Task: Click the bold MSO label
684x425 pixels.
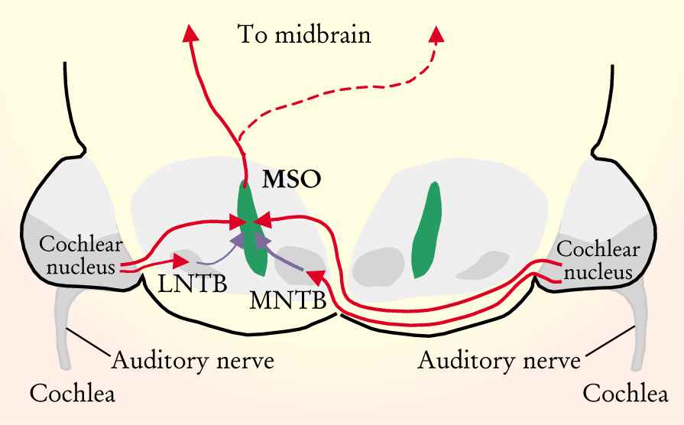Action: tap(291, 180)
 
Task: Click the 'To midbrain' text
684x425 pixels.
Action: tap(303, 35)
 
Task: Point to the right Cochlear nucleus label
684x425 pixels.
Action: tap(595, 261)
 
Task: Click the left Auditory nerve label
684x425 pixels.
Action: tap(193, 359)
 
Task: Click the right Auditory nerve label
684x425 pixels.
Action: tap(498, 359)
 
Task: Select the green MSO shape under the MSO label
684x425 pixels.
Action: tap(250, 229)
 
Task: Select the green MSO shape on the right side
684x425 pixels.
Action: tap(426, 229)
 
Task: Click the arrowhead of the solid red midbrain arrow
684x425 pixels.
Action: tap(189, 31)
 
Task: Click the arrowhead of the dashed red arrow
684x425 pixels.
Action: tap(437, 34)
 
